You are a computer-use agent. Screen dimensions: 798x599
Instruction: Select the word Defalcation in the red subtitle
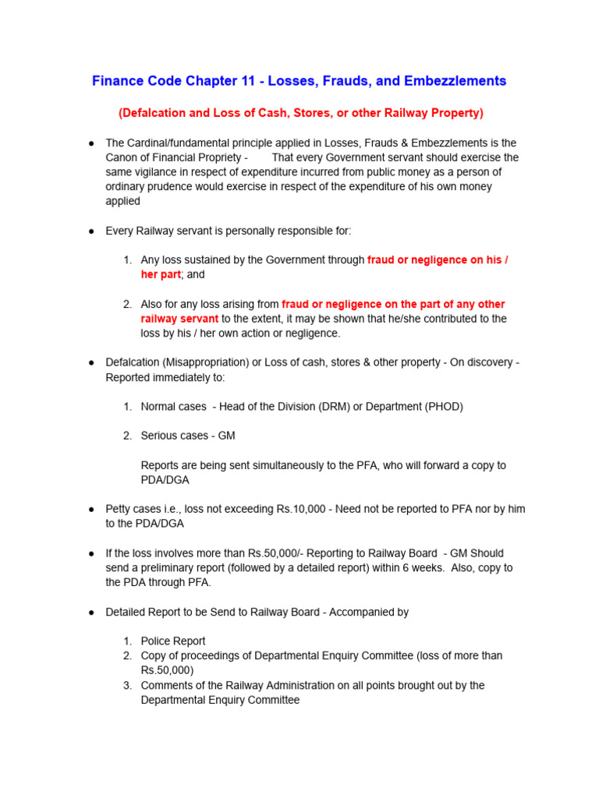coord(153,113)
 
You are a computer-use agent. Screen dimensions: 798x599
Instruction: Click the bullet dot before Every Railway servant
coord(91,231)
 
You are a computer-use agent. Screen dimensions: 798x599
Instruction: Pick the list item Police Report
coord(173,641)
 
